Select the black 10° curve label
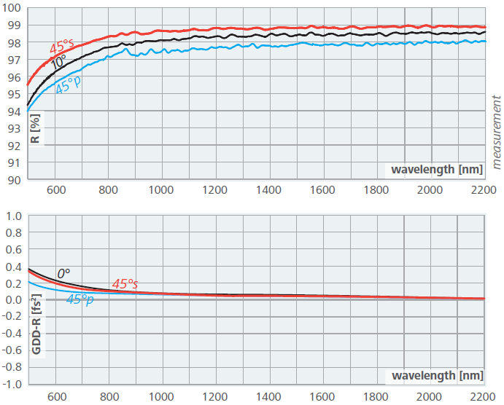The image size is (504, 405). [58, 63]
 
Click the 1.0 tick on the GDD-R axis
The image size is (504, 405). [14, 216]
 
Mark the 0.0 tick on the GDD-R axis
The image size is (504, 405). [14, 300]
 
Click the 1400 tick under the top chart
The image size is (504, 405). [268, 190]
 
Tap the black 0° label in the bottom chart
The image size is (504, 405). [63, 273]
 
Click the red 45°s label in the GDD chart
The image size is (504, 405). [125, 283]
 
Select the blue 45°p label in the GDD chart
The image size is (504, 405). [80, 299]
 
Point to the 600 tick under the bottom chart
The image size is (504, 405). [56, 398]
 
